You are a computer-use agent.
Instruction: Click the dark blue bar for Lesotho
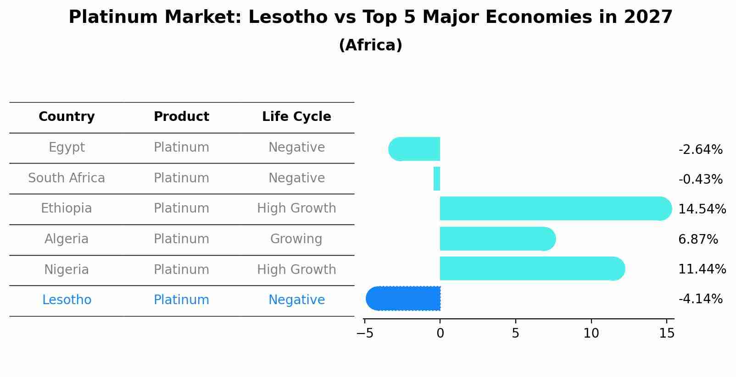pos(404,299)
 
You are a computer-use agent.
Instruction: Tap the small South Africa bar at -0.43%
pos(437,179)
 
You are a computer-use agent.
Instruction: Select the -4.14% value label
pos(700,299)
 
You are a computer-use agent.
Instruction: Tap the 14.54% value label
pos(702,209)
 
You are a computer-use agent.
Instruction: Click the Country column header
pos(67,117)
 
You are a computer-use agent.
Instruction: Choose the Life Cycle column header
pos(296,117)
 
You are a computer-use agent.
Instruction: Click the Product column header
pos(181,117)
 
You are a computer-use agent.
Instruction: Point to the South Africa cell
pos(67,178)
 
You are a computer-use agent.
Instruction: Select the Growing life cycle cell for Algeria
pos(296,239)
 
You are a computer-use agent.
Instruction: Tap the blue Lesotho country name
pos(67,300)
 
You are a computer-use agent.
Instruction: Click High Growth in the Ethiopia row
pos(296,208)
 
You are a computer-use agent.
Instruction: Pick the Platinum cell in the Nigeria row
pos(181,270)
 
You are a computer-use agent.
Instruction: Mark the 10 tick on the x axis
pos(591,333)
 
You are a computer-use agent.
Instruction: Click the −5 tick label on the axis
pos(365,333)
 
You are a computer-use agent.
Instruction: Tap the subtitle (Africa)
pos(370,45)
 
